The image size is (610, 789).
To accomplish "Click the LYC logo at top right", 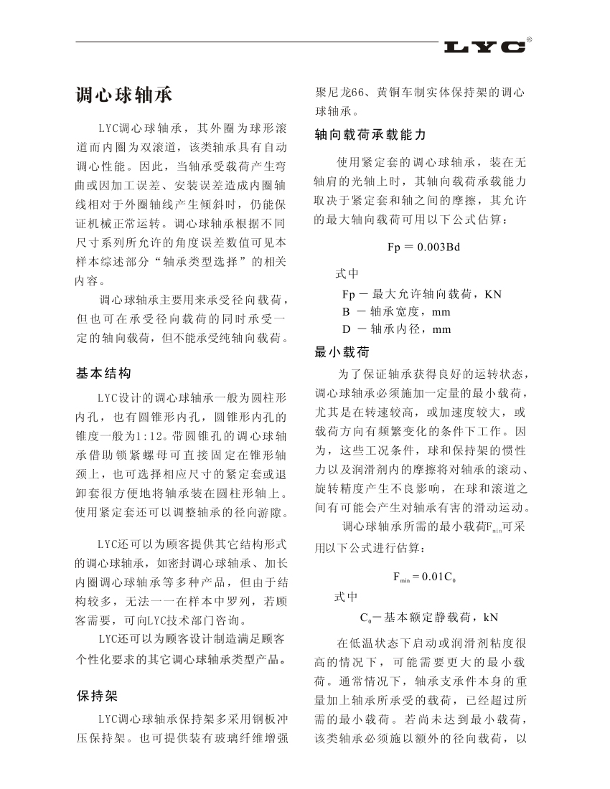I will [485, 47].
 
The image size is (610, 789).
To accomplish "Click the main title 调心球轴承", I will [123, 96].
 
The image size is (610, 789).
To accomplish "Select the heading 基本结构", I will [103, 373].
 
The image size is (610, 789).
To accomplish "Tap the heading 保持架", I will [96, 696].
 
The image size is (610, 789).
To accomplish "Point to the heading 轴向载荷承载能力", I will [370, 135].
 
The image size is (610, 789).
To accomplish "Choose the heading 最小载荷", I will [342, 351].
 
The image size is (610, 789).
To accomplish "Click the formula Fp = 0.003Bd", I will [423, 247].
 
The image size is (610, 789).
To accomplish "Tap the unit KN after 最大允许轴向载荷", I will [493, 294].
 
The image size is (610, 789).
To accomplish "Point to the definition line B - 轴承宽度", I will [396, 312].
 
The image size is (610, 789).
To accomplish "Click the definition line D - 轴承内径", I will [396, 329].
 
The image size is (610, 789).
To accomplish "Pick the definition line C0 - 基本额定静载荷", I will [428, 616].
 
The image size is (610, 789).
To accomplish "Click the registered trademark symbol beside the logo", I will [530, 38].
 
